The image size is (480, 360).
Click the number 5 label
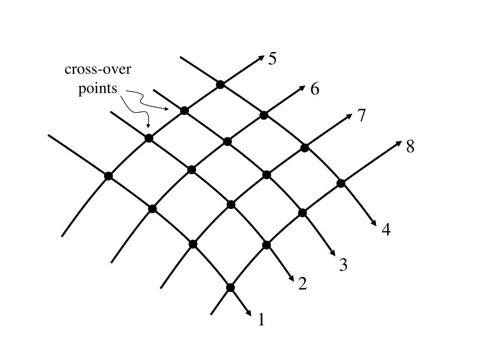coord(272,59)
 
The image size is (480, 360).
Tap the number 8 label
coord(410,147)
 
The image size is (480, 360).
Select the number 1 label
coord(262,320)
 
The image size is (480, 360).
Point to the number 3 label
coord(343,265)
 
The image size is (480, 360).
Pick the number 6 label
coord(315,89)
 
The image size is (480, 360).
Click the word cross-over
coord(98,70)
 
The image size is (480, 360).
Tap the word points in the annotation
coord(97,88)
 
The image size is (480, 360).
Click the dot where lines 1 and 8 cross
coord(230,287)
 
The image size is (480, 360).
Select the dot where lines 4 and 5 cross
coord(220,84)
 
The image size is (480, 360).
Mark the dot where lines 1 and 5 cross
coord(108,176)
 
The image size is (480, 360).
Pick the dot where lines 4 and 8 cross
coord(341,183)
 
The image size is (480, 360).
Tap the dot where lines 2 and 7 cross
coord(231,204)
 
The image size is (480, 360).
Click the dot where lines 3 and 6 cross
coord(227,141)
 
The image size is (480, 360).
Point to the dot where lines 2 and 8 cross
coord(267,245)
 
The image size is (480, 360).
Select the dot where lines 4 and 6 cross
coord(264,115)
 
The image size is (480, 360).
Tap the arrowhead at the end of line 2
coord(292,279)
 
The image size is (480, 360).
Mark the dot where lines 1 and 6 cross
coord(152,209)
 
